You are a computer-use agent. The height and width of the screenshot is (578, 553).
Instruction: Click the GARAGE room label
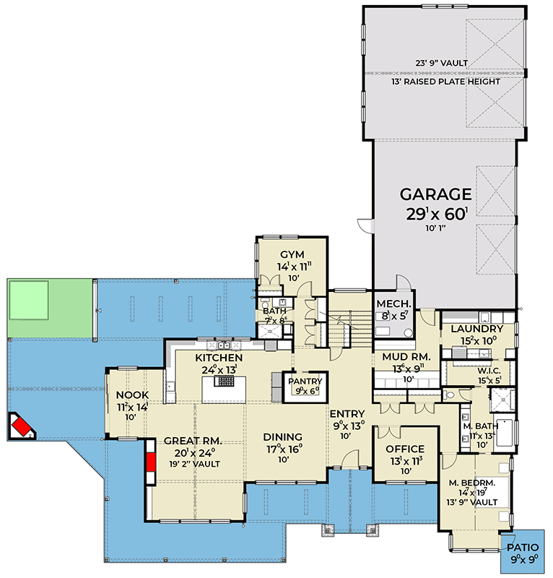tap(436, 194)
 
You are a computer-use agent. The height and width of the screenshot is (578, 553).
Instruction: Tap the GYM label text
tap(292, 254)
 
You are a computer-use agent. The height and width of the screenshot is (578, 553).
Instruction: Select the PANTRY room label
tap(304, 381)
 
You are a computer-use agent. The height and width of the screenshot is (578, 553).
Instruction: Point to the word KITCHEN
tap(219, 358)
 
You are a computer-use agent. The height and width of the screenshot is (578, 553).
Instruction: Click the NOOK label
tap(131, 395)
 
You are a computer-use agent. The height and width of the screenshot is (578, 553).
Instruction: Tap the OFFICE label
tap(405, 449)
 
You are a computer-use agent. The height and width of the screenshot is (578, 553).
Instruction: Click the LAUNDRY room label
tap(476, 329)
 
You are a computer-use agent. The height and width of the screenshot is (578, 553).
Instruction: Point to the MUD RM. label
tap(401, 357)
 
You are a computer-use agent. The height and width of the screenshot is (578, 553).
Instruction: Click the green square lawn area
tap(28, 300)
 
